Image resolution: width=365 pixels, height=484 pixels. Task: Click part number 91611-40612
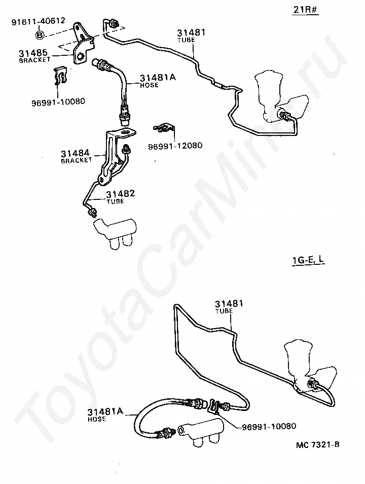click(x=39, y=21)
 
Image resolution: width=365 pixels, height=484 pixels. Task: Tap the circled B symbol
click(x=40, y=34)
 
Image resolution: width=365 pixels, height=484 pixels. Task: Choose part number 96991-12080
click(x=175, y=146)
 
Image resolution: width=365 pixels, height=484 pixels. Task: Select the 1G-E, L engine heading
click(x=308, y=261)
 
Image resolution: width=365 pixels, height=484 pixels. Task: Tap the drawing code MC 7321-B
click(x=317, y=445)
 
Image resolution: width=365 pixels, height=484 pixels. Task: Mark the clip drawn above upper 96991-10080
click(x=60, y=76)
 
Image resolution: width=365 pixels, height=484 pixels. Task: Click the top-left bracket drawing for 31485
click(x=81, y=43)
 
